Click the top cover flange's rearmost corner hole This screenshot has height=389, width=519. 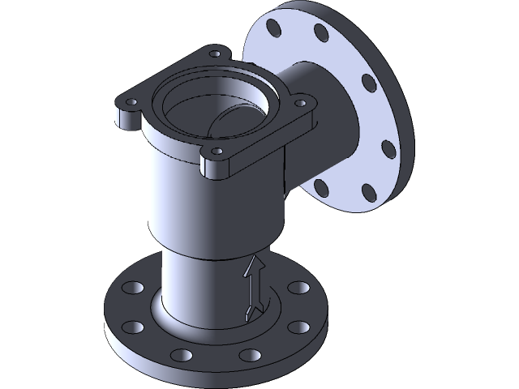215,55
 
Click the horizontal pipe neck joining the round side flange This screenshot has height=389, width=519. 324,113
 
